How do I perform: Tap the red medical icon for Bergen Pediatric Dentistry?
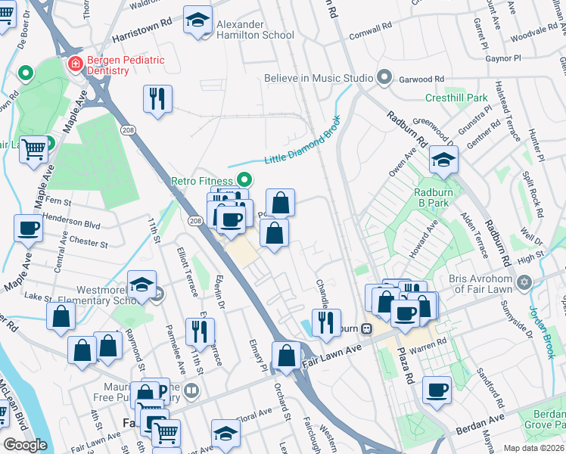[75, 64]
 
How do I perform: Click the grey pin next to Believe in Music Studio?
[384, 77]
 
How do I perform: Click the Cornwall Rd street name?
[371, 30]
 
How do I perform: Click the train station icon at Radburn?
[365, 329]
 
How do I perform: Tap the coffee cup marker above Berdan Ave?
[437, 390]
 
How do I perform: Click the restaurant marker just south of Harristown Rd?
[157, 99]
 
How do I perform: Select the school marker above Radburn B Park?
[443, 160]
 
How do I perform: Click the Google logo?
[25, 445]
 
